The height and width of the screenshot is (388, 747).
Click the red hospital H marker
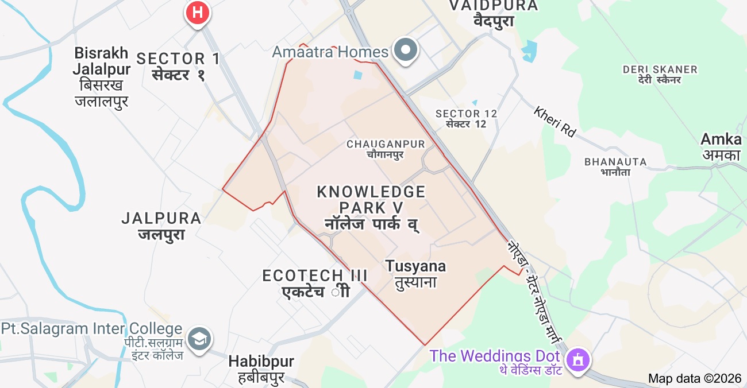(197, 11)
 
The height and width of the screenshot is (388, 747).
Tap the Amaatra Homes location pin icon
(407, 50)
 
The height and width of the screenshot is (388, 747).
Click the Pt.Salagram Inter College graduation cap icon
(199, 339)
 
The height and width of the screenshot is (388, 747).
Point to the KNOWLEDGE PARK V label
(371, 199)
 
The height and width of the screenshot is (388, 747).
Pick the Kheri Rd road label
(555, 121)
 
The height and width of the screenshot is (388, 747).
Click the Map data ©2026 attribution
(695, 378)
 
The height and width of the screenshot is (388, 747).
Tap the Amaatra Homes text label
(330, 52)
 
